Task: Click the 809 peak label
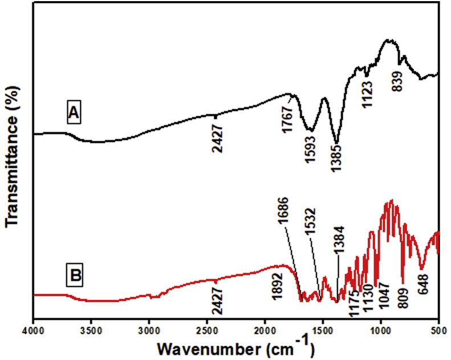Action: point(404,297)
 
